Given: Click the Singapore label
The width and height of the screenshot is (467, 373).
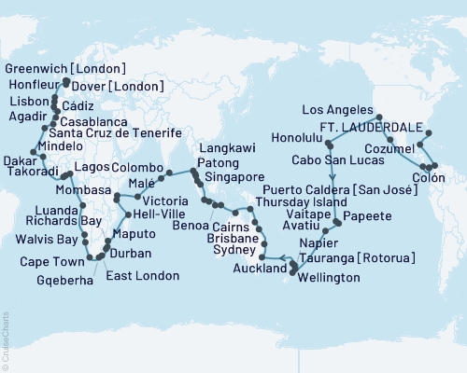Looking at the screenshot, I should tap(232, 175).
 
